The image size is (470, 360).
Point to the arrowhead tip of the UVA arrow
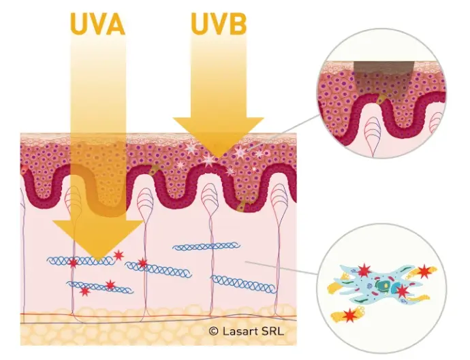[97, 259]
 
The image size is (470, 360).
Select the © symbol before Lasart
[213, 331]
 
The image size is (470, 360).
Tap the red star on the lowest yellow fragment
[351, 315]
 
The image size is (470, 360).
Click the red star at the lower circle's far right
[426, 272]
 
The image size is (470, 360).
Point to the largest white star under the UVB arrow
[207, 159]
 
